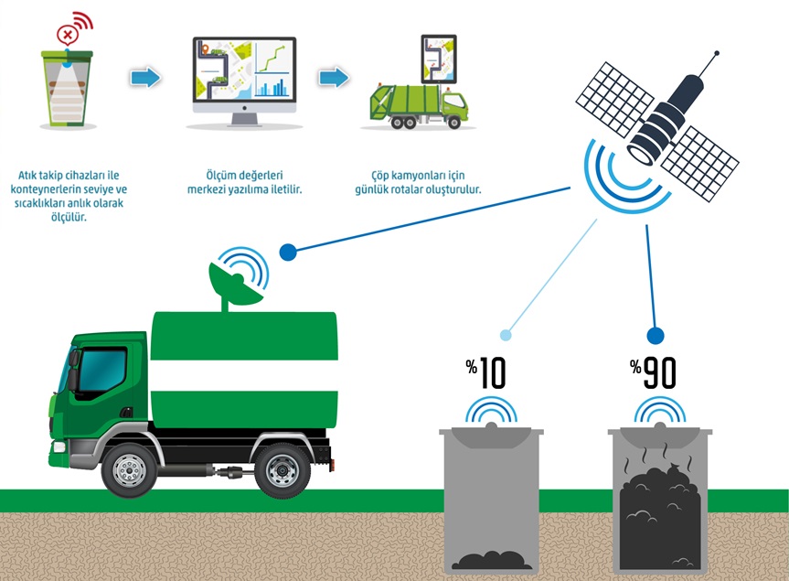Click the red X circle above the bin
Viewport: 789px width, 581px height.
tap(67, 36)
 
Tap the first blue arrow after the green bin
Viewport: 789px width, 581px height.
tap(144, 78)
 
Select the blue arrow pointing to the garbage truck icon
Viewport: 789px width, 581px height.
tap(334, 78)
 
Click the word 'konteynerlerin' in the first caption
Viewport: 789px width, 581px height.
tap(51, 189)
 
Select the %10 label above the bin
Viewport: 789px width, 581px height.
tap(485, 373)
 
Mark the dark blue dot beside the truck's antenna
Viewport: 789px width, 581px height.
tap(288, 252)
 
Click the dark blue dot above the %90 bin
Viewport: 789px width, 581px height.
tap(655, 335)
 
